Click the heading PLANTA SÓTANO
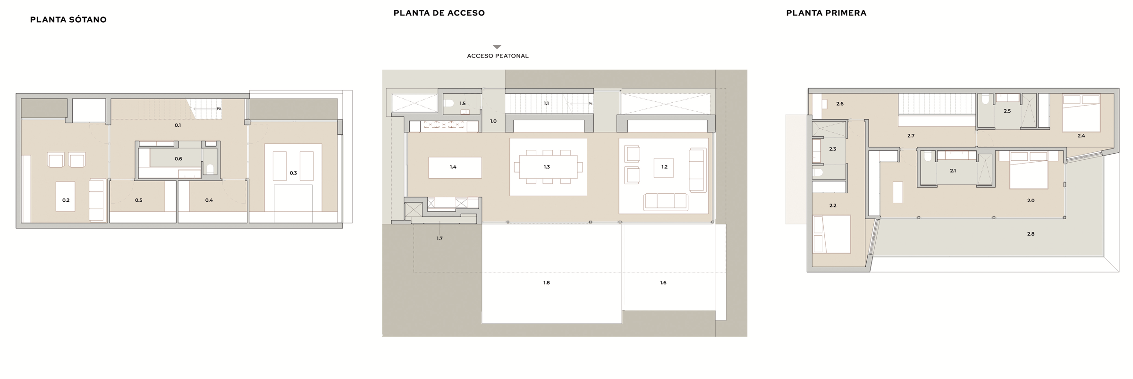pos(68,20)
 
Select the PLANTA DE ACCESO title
pos(439,13)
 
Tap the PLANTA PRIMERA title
pos(826,13)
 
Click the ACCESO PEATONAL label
pos(498,56)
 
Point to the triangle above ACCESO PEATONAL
pos(497,47)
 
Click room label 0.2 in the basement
pos(66,200)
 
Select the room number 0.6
pos(178,159)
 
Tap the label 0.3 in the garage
pos(293,173)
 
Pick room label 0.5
pos(139,200)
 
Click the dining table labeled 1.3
pos(548,167)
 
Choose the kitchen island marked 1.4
pos(455,167)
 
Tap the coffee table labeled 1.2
pos(663,167)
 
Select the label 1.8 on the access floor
pos(547,283)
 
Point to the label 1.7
pos(440,239)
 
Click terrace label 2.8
pos(1031,234)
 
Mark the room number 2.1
pos(953,171)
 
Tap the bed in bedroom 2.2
pos(832,234)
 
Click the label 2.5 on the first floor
pos(1007,111)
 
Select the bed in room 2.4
pos(1081,113)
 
